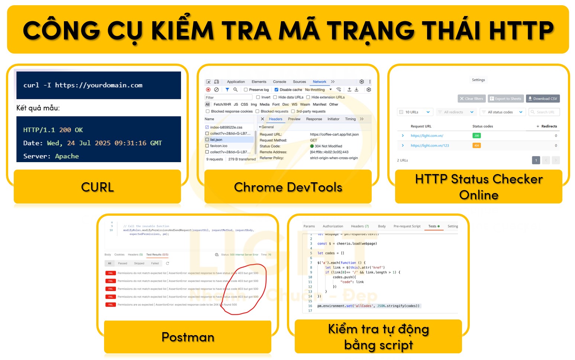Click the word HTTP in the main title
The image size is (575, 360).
[x=521, y=30]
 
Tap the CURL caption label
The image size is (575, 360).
[x=97, y=187]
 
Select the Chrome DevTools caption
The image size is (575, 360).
[x=288, y=187]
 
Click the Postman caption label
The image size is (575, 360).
[x=188, y=337]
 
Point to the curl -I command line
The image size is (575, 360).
[x=83, y=85]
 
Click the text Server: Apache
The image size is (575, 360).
[x=51, y=156]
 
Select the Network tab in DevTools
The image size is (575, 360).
[x=319, y=82]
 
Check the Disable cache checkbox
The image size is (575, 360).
[x=277, y=90]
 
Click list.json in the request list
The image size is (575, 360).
[x=216, y=140]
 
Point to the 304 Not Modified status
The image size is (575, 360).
[x=328, y=146]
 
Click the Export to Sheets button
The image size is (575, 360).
[x=505, y=99]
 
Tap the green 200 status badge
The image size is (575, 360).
[x=477, y=136]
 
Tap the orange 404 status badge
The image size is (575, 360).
[x=477, y=145]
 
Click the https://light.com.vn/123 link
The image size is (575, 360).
[x=430, y=145]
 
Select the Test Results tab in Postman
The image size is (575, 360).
[x=157, y=255]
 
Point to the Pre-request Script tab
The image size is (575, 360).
[x=407, y=226]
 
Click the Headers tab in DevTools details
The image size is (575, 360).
[x=275, y=119]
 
